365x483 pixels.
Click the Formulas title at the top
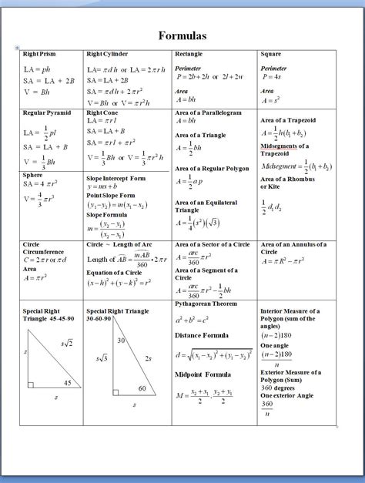pyautogui.click(x=182, y=35)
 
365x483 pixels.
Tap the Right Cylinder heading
pyautogui.click(x=107, y=55)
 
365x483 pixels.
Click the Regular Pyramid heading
pyautogui.click(x=47, y=113)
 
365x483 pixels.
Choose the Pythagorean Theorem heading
pyautogui.click(x=209, y=304)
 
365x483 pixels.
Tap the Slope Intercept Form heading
pyautogui.click(x=116, y=178)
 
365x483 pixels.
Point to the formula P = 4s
pyautogui.click(x=273, y=77)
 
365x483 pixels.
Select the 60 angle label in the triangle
pyautogui.click(x=142, y=388)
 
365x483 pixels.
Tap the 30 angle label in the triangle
pyautogui.click(x=121, y=340)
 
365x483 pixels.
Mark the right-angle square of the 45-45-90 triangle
pyautogui.click(x=30, y=384)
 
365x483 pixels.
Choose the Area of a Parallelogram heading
pyautogui.click(x=208, y=113)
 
